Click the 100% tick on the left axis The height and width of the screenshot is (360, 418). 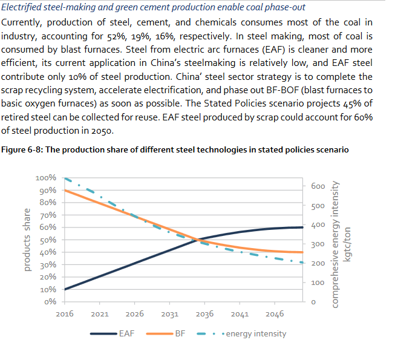click(x=46, y=178)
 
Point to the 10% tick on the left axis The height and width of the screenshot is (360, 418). click(x=48, y=289)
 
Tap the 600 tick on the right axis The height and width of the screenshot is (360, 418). click(x=318, y=186)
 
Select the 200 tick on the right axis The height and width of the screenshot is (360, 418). click(x=318, y=263)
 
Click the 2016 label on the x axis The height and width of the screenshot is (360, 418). click(x=65, y=314)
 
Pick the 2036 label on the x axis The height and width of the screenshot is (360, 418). click(x=205, y=314)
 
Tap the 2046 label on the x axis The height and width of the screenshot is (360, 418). click(x=275, y=314)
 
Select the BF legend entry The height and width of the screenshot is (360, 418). click(x=180, y=333)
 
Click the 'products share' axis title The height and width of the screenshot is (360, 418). click(x=27, y=240)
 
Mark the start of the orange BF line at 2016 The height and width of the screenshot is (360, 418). click(x=65, y=191)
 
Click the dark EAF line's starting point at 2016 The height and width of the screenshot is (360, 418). click(x=65, y=289)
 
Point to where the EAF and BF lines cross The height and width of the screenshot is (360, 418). click(x=197, y=240)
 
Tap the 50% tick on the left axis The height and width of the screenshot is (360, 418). click(x=48, y=240)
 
